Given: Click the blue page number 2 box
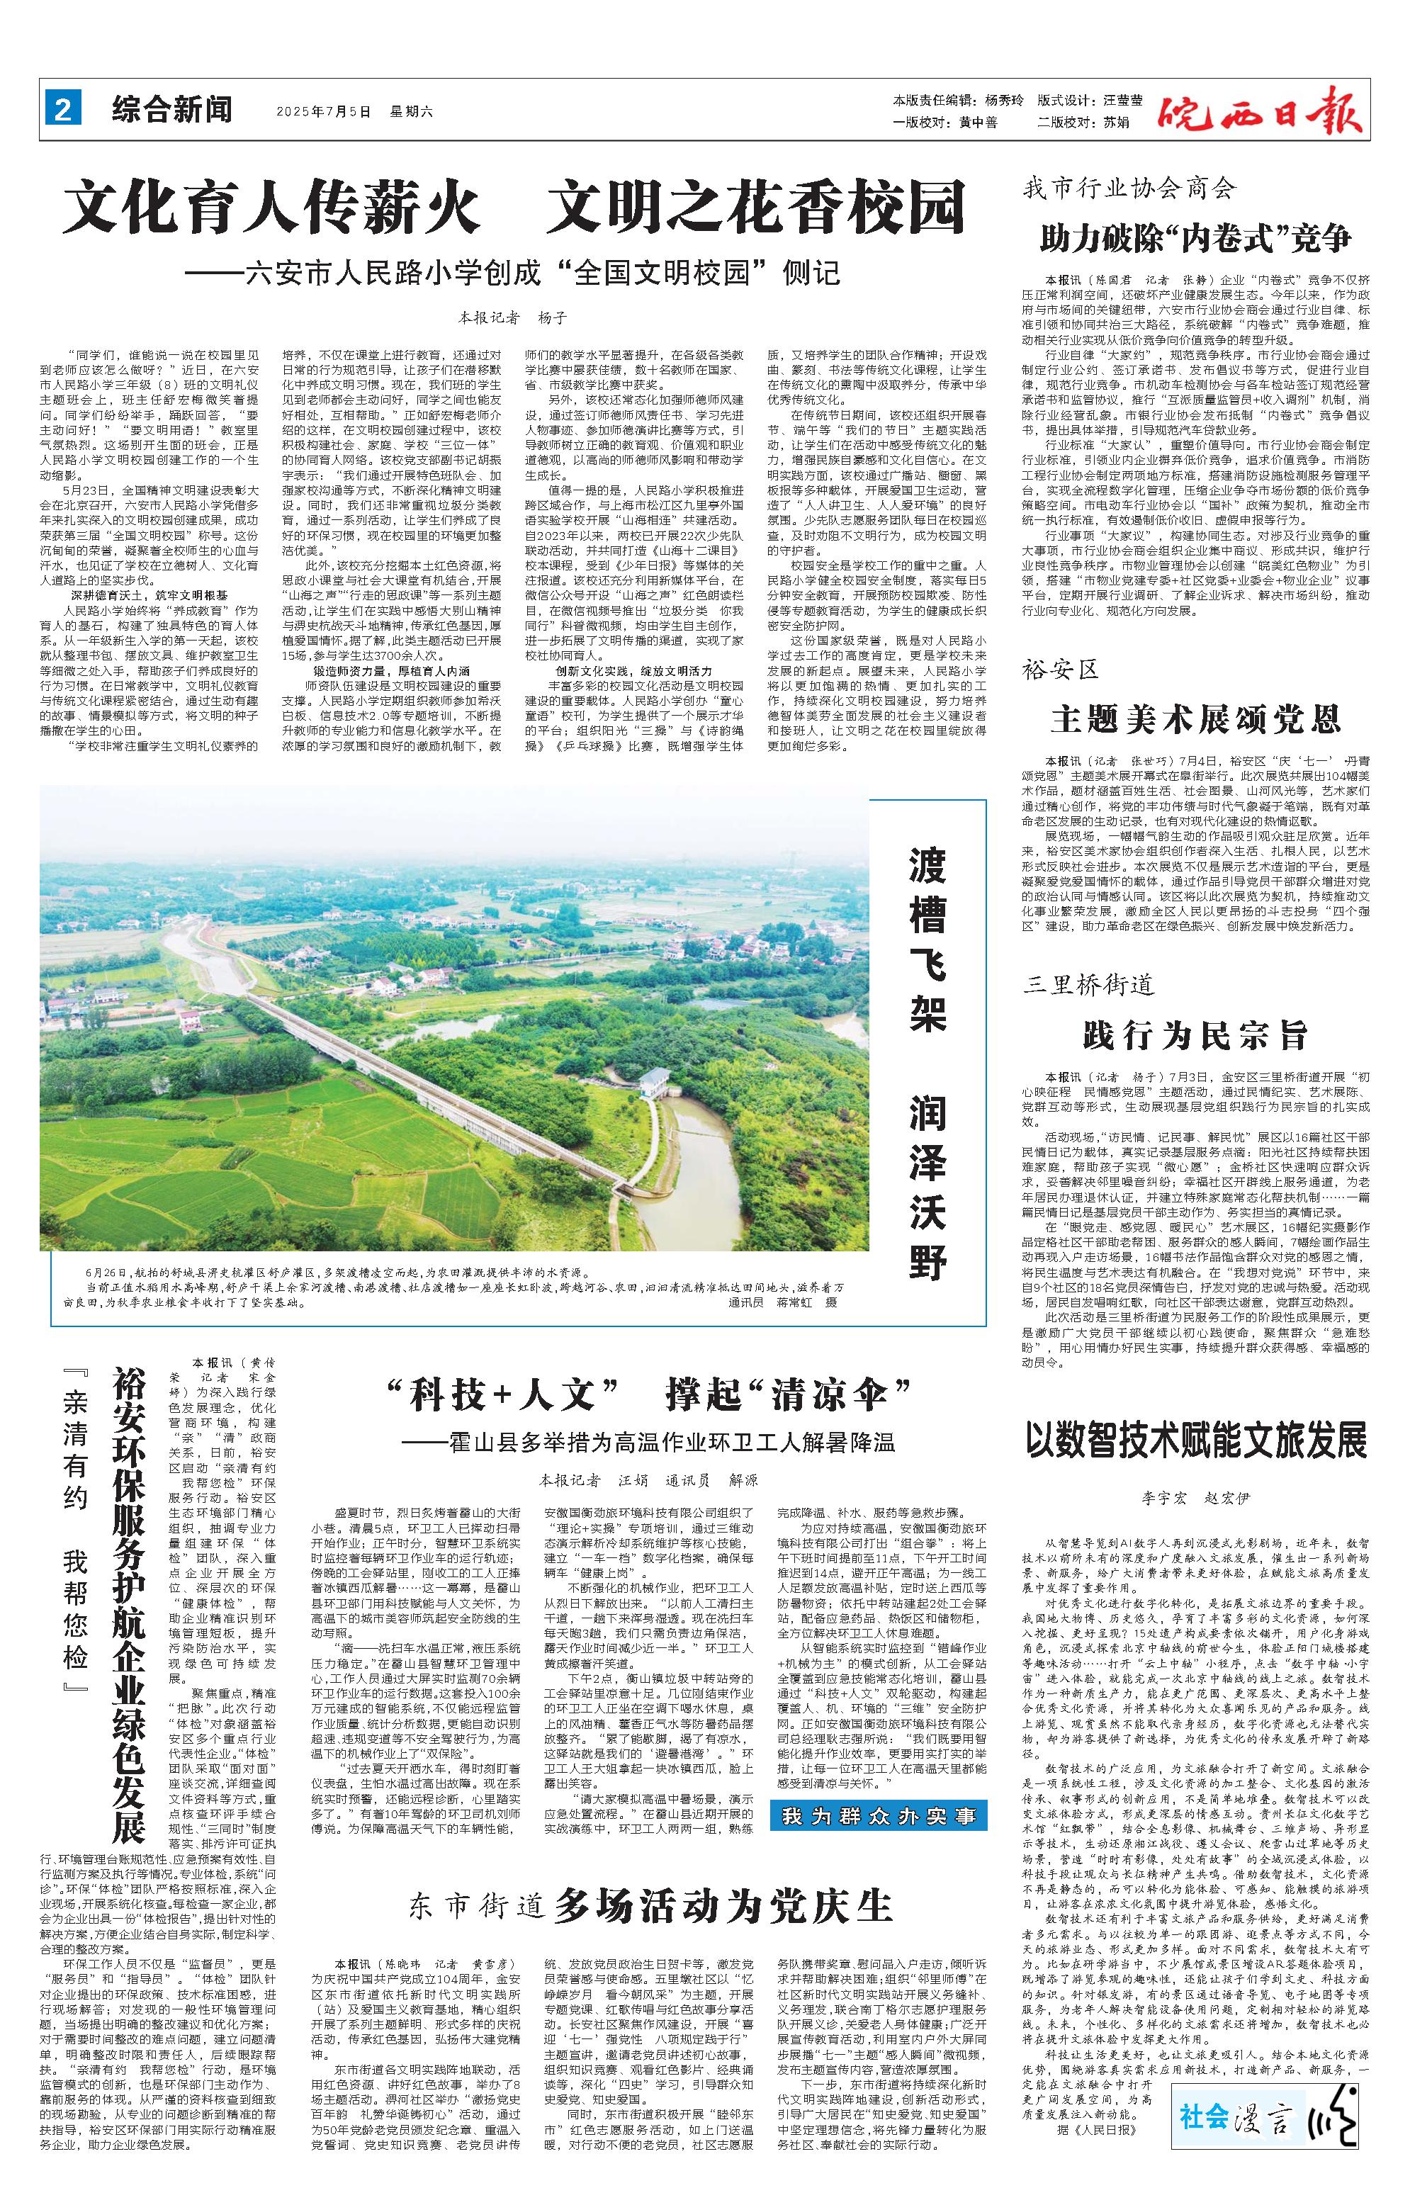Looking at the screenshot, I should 63,111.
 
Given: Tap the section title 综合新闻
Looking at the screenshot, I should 172,111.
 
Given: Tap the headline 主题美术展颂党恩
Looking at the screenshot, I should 1196,720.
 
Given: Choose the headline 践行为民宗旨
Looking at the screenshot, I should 1196,1036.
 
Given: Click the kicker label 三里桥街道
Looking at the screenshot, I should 1090,986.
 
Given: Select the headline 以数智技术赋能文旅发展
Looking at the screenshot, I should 1196,1440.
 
